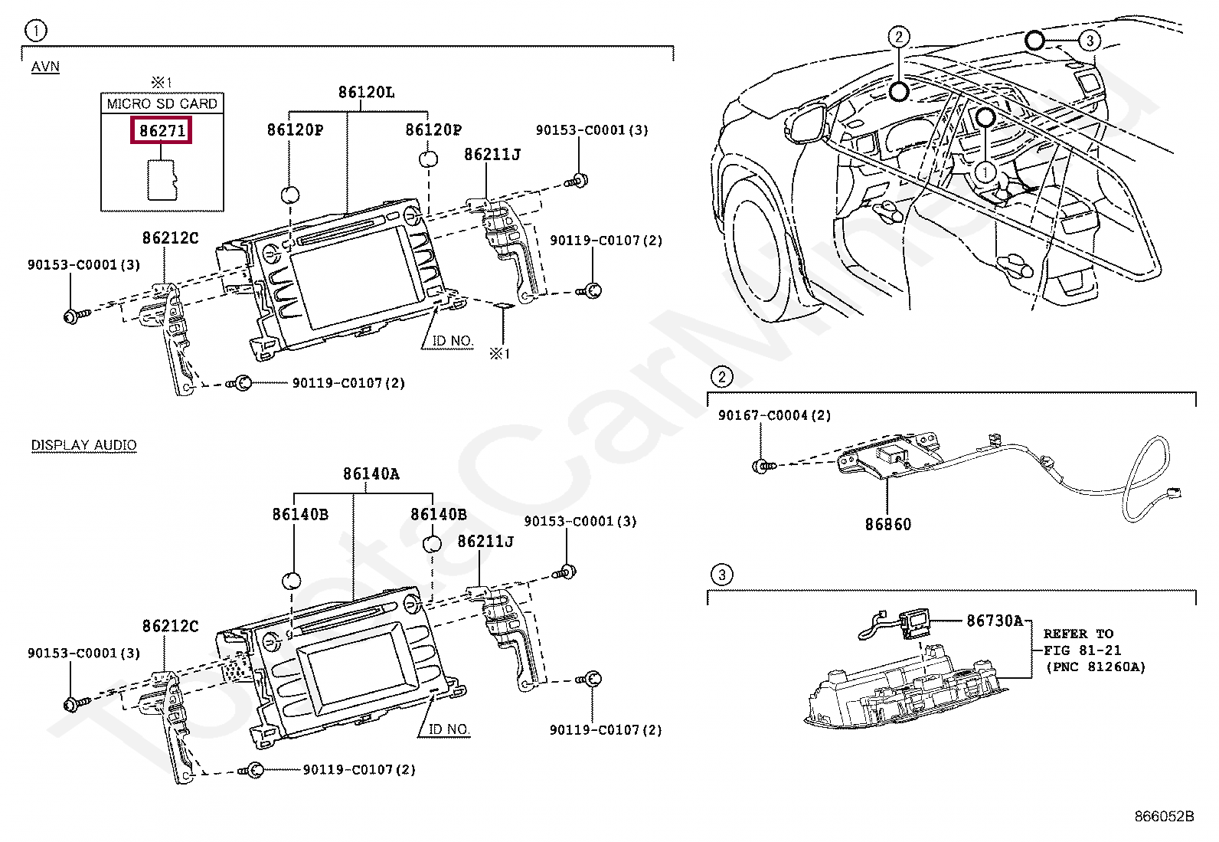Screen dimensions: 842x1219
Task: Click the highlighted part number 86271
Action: coord(162,131)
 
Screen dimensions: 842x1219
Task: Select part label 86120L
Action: coord(366,93)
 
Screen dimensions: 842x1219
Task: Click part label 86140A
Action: coord(371,474)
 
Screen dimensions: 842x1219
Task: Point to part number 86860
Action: coord(888,525)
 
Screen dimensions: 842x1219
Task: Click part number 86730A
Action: coord(994,621)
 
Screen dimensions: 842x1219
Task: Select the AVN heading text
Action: coord(45,67)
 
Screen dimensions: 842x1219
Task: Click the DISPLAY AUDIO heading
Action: coord(84,445)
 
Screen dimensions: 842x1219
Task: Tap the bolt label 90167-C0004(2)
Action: coord(774,415)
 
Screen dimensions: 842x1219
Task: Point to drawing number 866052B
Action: coord(1164,816)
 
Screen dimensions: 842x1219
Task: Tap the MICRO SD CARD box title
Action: coord(162,103)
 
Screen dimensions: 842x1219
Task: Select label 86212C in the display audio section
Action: coord(170,626)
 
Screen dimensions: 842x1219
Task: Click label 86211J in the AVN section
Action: coord(492,155)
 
